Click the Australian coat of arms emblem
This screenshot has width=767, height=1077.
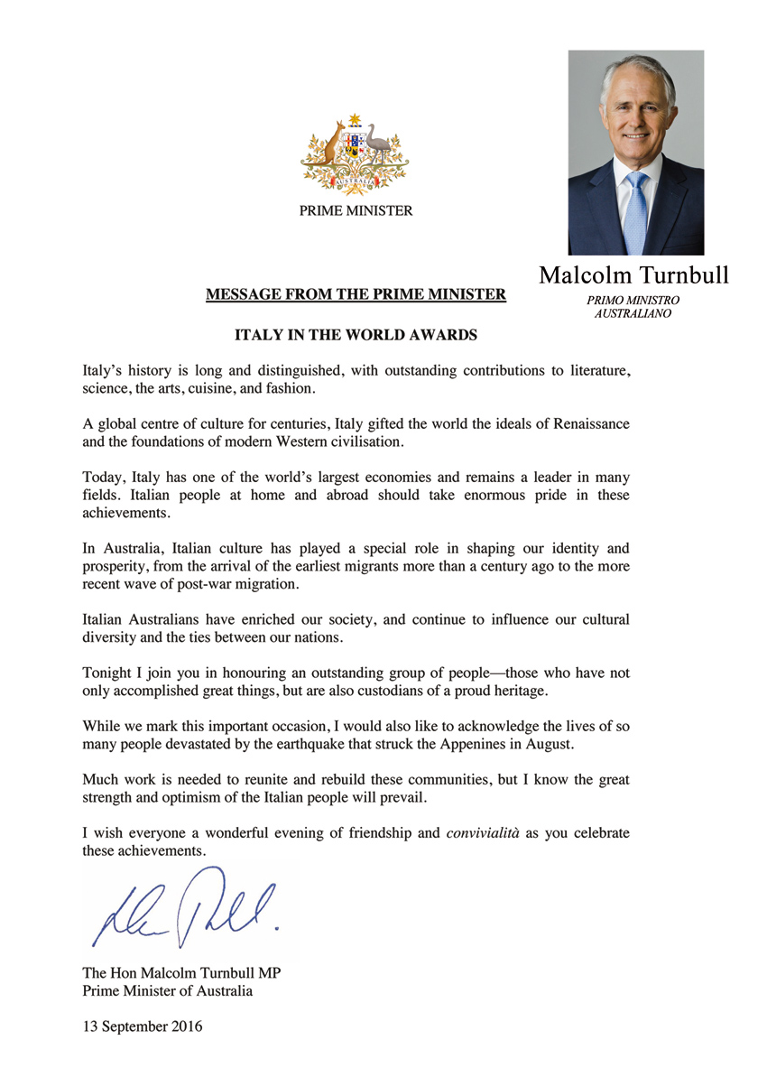click(x=355, y=155)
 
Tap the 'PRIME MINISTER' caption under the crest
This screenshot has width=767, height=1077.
click(x=356, y=211)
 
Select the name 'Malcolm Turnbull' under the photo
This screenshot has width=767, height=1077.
click(x=633, y=274)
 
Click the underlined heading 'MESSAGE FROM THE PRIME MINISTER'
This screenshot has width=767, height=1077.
click(x=356, y=294)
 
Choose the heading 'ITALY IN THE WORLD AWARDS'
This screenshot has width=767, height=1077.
click(x=356, y=335)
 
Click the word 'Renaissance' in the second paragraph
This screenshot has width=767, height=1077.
click(x=588, y=423)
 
